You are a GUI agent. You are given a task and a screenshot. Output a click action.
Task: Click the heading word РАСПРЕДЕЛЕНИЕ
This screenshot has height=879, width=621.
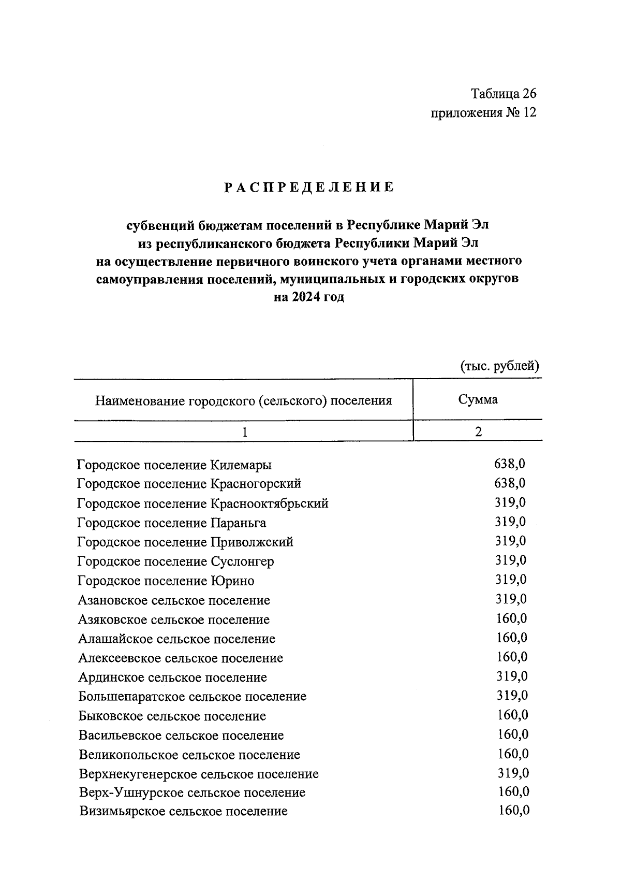(309, 187)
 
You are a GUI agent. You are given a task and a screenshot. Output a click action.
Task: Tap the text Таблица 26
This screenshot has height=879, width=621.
(504, 94)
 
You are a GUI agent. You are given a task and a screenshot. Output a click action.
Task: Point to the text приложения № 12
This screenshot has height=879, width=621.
(483, 112)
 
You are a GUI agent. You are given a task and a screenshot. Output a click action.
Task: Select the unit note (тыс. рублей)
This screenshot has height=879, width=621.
(499, 366)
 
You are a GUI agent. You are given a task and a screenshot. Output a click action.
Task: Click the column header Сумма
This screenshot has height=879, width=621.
(478, 399)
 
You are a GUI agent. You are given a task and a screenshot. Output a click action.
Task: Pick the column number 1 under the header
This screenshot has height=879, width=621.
(244, 431)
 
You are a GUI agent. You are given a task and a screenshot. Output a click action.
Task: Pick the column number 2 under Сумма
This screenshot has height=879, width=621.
(478, 431)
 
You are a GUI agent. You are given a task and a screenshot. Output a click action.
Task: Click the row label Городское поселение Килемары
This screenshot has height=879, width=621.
(174, 465)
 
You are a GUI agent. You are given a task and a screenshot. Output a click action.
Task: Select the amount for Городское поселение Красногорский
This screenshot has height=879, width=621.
(510, 483)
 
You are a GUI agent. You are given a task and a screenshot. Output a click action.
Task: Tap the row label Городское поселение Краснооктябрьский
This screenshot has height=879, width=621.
(203, 503)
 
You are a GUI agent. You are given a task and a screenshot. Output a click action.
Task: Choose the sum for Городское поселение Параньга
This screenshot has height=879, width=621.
(510, 522)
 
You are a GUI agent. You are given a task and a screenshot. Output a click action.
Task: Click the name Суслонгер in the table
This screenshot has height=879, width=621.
(242, 561)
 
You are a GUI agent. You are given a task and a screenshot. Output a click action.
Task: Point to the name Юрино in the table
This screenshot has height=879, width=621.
(232, 581)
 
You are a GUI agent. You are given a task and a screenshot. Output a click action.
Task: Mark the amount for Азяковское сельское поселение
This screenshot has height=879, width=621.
(511, 618)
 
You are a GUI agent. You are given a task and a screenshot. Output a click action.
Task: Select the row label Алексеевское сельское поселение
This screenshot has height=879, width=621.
(181, 658)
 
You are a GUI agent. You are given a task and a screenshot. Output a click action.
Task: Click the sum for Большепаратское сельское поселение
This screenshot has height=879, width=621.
(512, 696)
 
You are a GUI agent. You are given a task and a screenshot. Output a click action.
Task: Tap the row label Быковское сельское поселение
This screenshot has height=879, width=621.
(172, 716)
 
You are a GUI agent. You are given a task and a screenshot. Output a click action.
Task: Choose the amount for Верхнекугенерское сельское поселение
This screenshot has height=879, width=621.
(513, 773)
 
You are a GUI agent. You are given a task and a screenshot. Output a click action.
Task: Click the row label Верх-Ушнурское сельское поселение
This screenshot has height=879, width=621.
(192, 792)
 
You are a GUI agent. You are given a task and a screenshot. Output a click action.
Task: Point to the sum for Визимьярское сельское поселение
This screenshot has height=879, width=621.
(514, 811)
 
